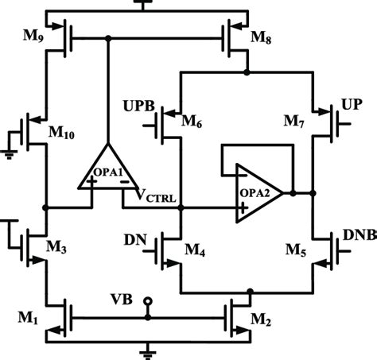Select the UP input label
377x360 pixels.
click(x=352, y=105)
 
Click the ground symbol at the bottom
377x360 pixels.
click(x=146, y=350)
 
